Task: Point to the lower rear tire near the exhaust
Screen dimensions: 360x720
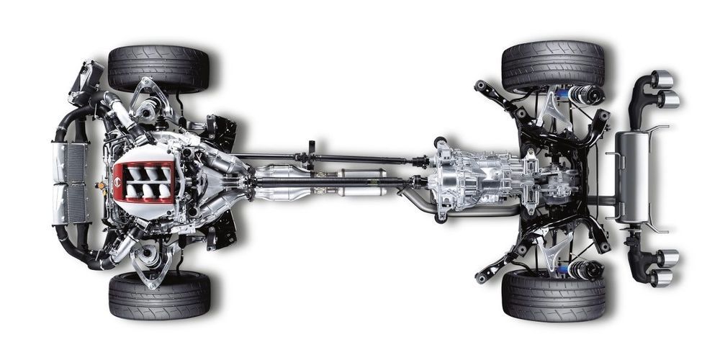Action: tap(553, 295)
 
